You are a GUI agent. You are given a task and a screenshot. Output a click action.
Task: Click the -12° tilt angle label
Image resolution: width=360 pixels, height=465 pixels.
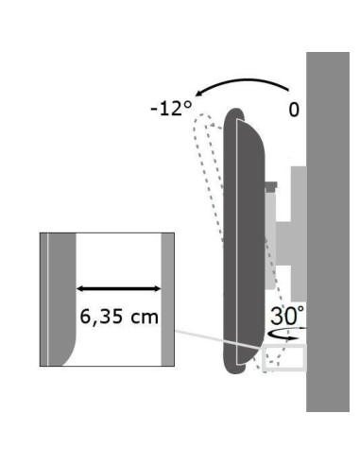point(171,110)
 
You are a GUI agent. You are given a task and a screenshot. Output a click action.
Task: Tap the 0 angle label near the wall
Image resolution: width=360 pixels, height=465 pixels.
point(294,110)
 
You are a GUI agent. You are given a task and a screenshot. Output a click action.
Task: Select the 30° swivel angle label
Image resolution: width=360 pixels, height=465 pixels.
point(287,316)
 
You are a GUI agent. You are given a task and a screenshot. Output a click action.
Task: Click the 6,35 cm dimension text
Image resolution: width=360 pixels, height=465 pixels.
point(119,317)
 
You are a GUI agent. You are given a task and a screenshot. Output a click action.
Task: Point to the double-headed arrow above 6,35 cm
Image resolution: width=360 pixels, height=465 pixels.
point(119,288)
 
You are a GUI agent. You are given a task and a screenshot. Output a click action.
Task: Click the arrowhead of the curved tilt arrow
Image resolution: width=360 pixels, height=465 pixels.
point(199,94)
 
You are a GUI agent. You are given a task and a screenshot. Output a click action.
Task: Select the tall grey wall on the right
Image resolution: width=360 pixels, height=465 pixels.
point(328,232)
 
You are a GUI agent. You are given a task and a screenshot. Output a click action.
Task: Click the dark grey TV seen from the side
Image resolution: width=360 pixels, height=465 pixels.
point(244,241)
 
